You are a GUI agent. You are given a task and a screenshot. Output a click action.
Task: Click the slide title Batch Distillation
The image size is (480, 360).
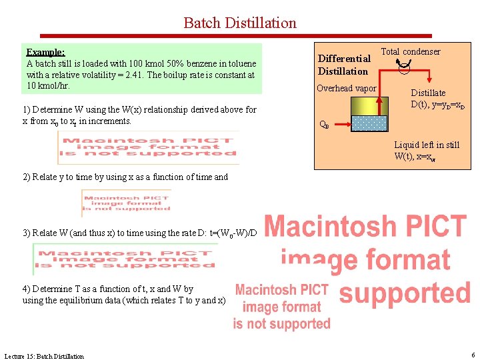(240, 23)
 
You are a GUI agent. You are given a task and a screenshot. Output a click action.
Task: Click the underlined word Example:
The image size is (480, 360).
(45, 52)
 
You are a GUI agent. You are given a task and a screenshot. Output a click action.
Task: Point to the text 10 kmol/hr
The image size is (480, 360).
(48, 86)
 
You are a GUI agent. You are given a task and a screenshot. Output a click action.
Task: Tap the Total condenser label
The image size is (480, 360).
(410, 52)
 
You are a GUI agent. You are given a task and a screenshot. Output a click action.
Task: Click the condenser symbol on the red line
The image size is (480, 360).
(404, 65)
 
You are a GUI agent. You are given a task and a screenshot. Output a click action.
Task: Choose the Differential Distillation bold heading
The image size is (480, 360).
(343, 65)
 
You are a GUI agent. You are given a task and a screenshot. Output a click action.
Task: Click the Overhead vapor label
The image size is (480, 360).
(346, 89)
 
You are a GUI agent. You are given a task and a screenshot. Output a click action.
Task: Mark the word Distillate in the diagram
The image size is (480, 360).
(427, 93)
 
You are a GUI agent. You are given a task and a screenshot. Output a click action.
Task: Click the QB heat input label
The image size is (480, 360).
(323, 124)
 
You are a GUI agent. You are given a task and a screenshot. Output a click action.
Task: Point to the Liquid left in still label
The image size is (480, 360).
(426, 145)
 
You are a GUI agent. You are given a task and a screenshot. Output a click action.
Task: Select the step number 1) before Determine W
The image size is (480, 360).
(27, 109)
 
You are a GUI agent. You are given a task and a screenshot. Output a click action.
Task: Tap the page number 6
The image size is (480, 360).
(472, 355)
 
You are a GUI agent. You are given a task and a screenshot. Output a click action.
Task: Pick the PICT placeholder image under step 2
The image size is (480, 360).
(126, 202)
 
